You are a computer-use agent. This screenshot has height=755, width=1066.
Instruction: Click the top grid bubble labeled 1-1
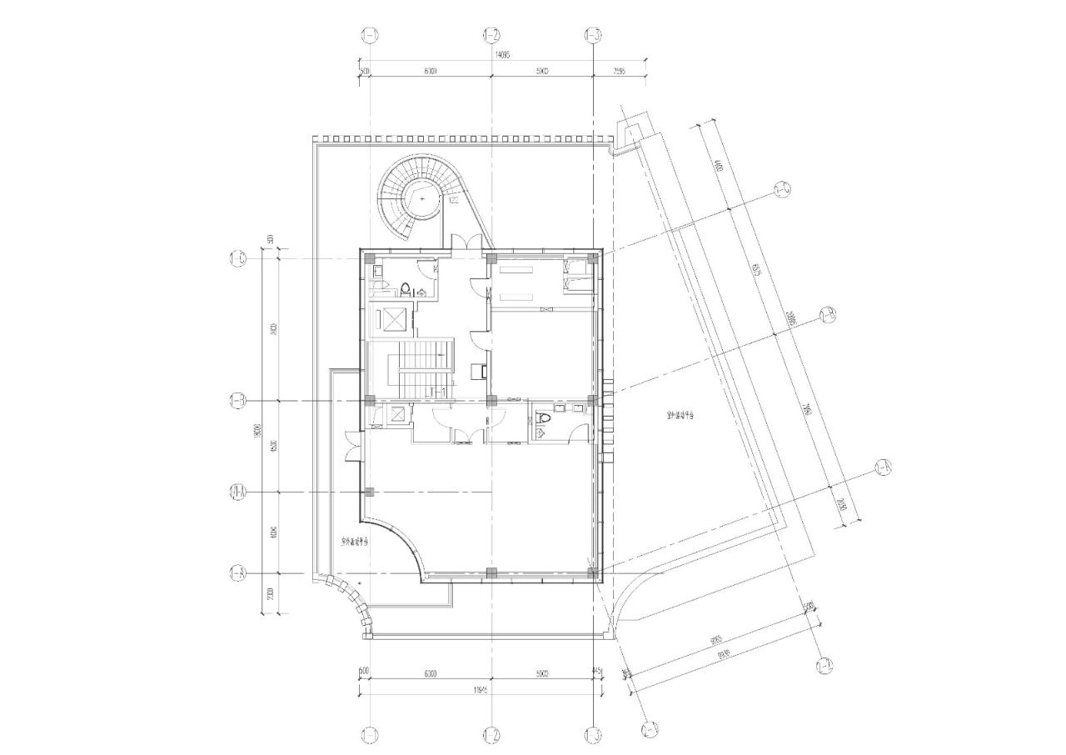click(370, 35)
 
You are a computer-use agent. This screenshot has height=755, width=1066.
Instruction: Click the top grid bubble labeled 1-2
click(491, 35)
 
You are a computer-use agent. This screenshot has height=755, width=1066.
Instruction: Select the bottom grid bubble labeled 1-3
click(592, 735)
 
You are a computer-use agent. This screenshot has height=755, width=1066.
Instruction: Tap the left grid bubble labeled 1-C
click(237, 258)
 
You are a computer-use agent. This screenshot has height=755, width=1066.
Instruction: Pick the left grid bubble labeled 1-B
click(237, 402)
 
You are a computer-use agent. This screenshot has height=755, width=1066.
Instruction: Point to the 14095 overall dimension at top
click(501, 54)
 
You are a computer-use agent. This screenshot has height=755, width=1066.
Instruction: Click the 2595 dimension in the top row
click(619, 72)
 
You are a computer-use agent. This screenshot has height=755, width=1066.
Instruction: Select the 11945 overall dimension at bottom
click(479, 688)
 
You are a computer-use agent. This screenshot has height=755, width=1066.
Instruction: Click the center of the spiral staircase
click(424, 200)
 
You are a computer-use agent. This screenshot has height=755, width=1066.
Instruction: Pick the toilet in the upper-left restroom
click(406, 289)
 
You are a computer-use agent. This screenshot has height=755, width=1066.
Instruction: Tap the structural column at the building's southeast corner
click(592, 572)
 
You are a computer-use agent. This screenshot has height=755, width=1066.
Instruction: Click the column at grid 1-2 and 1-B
click(491, 401)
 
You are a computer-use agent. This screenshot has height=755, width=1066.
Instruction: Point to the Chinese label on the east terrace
click(680, 414)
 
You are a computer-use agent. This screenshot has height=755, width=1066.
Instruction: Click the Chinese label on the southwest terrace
click(355, 542)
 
